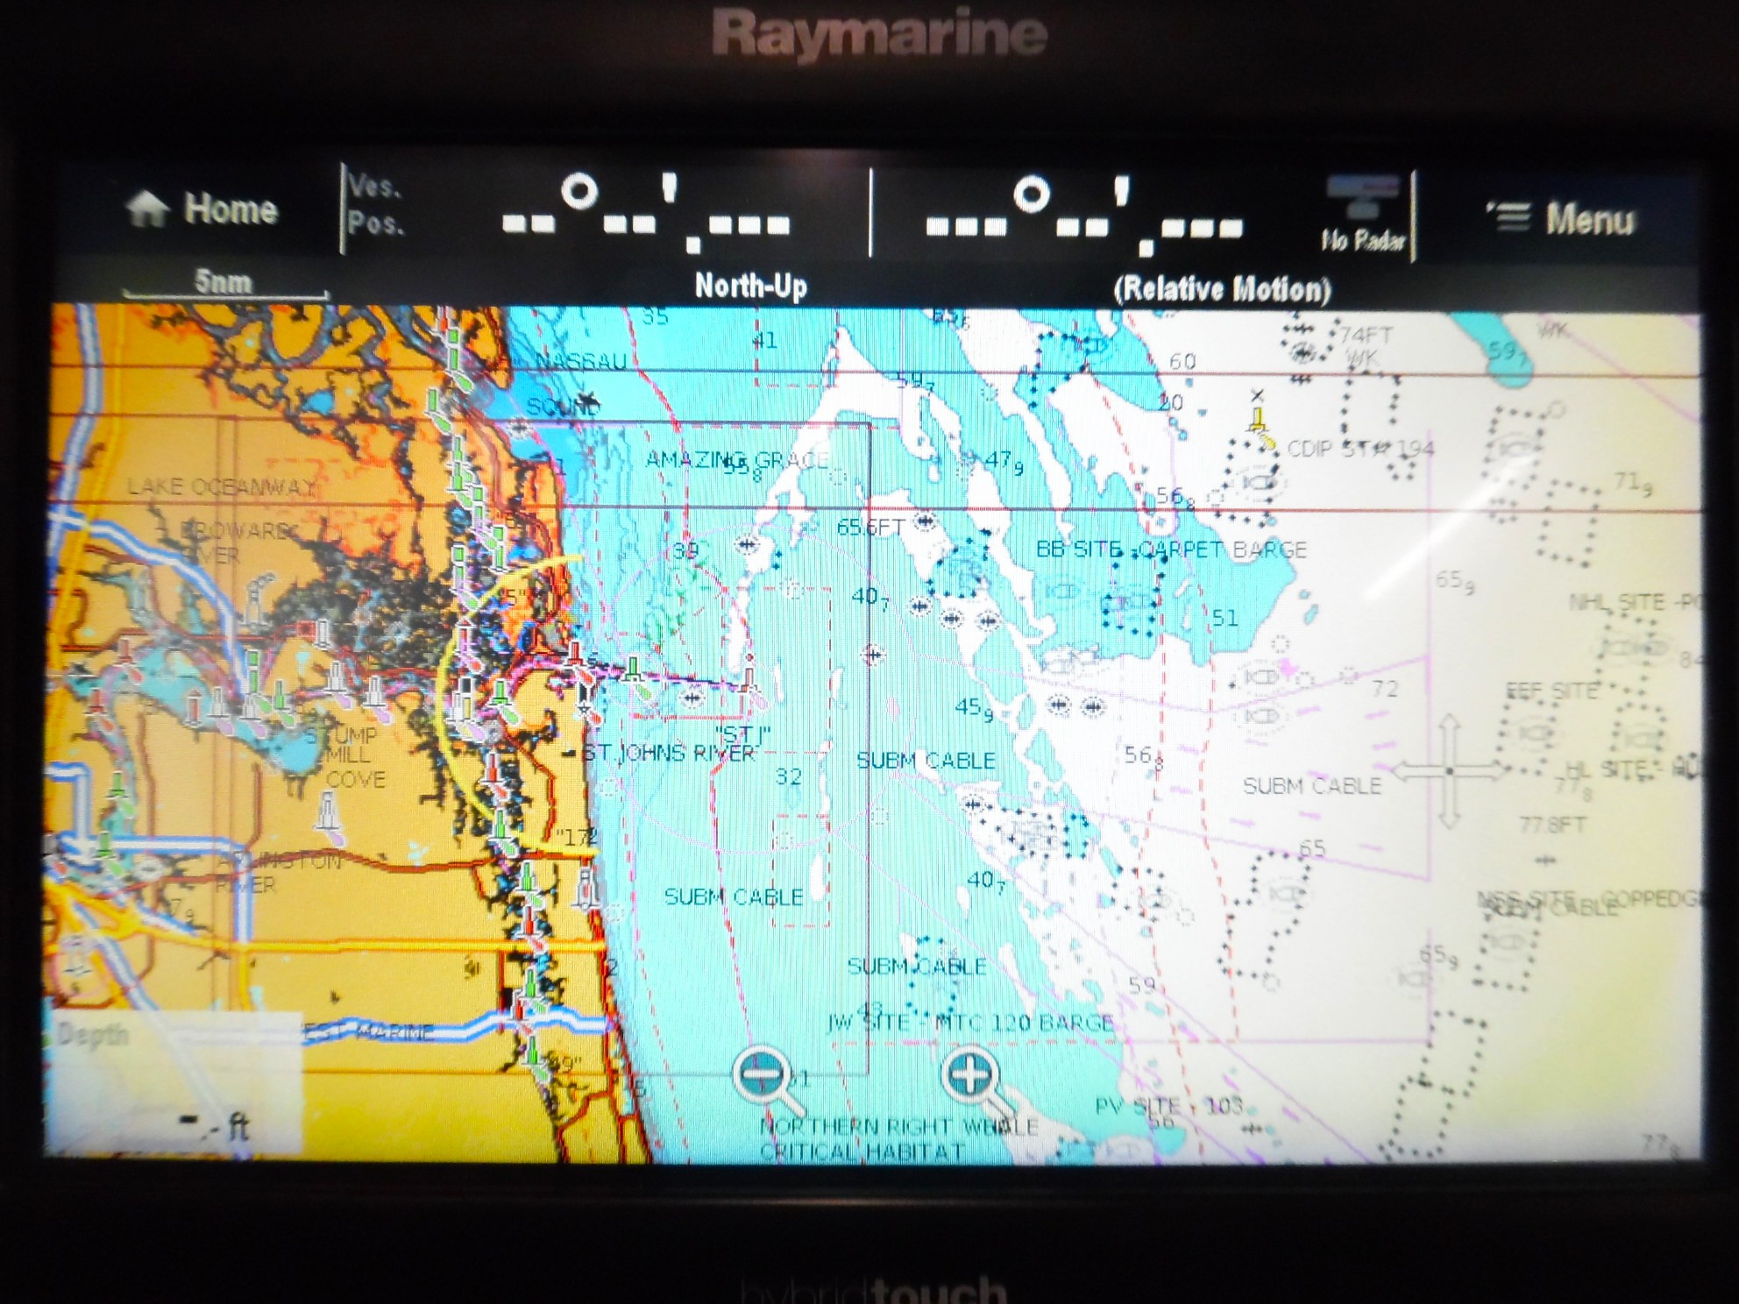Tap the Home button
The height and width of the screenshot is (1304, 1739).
pos(202,209)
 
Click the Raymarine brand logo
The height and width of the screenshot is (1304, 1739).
pos(879,35)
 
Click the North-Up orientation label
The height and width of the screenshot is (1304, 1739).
pos(750,286)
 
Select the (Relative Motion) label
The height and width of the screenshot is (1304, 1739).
pos(1222,288)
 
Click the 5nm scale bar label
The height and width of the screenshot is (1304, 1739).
pos(224,282)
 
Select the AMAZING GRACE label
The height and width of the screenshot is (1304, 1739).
pos(736,459)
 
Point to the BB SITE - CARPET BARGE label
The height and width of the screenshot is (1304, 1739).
pos(1171,549)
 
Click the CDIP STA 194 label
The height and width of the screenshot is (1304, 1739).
pos(1359,449)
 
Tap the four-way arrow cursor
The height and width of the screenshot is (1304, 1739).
pos(1449,771)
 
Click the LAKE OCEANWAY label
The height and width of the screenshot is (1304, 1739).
pos(221,487)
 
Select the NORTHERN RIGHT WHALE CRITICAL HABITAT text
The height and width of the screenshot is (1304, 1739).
pos(898,1139)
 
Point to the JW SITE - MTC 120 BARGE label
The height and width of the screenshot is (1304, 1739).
pos(970,1023)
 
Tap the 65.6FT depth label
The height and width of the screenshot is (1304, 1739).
pos(869,527)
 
